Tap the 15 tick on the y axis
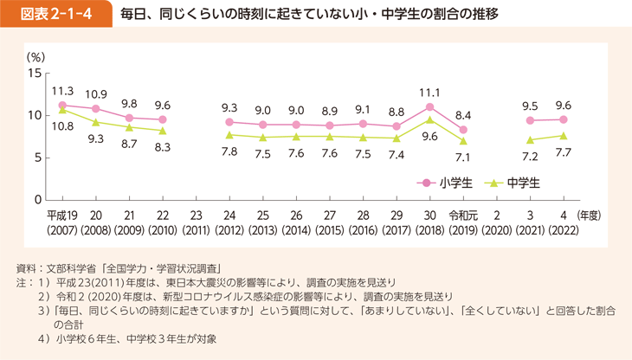click(x=35, y=73)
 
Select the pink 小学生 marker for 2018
click(x=429, y=106)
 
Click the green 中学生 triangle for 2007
click(x=62, y=110)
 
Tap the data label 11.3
click(x=62, y=89)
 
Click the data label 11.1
click(x=430, y=92)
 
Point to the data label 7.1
click(x=462, y=157)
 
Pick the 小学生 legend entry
click(x=447, y=182)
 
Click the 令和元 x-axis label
click(x=462, y=215)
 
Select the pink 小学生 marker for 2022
click(x=564, y=119)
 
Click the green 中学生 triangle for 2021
click(x=530, y=139)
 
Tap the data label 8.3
click(x=162, y=148)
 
